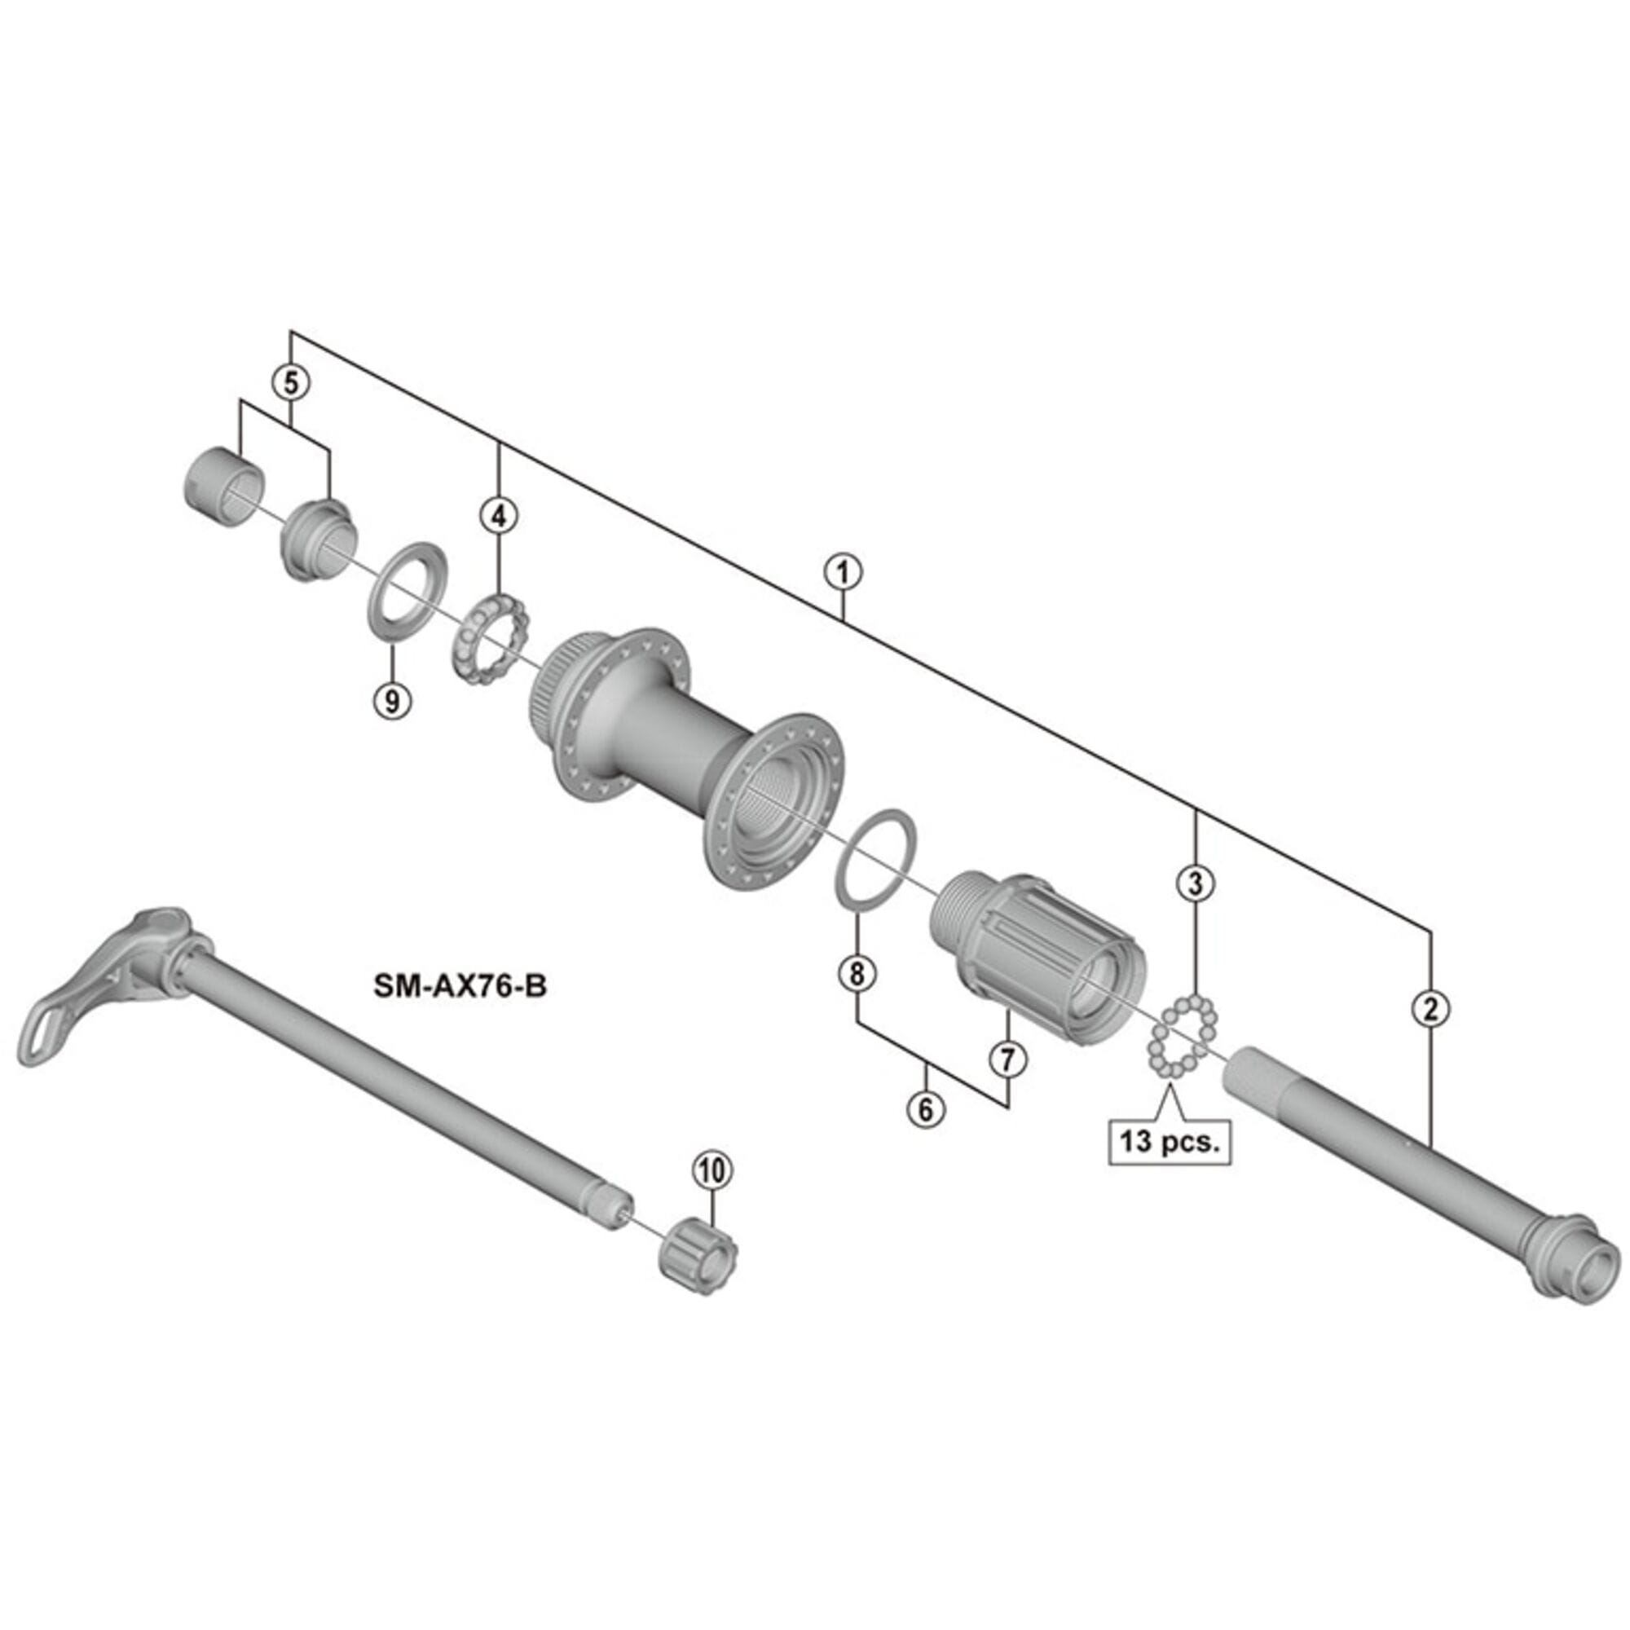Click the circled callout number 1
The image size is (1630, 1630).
[843, 573]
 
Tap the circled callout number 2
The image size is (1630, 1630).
[1430, 1009]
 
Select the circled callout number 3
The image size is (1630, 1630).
[1196, 883]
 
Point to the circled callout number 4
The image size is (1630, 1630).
[499, 514]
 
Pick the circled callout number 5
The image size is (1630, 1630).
[290, 383]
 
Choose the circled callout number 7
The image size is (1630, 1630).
[1008, 1059]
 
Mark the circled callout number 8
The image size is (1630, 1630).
[857, 975]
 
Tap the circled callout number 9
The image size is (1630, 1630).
[392, 699]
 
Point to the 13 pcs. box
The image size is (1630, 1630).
[1170, 1143]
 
